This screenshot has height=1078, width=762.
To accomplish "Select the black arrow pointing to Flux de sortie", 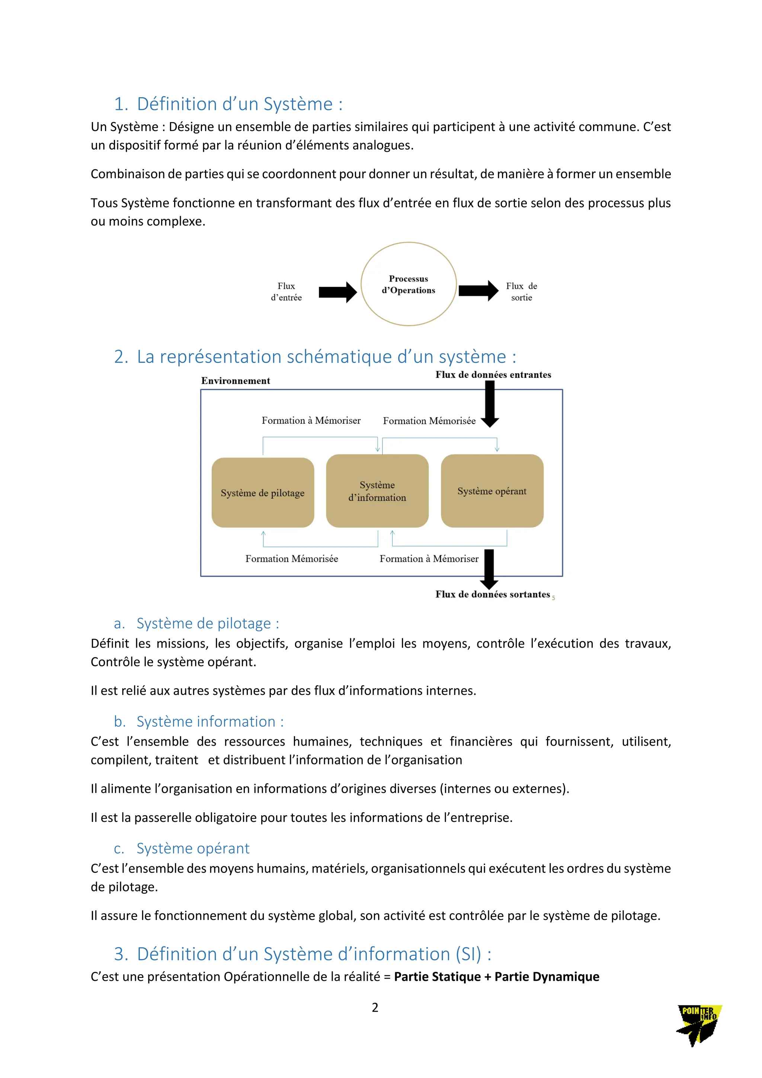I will (x=478, y=291).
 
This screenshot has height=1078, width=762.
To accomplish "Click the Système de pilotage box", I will (x=263, y=492).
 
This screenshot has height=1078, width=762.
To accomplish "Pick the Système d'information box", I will (x=377, y=491).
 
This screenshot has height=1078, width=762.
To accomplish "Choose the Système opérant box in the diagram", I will (x=492, y=491).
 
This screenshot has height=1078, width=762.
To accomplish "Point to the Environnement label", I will (x=236, y=381).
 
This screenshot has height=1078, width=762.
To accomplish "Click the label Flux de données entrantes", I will (x=493, y=375).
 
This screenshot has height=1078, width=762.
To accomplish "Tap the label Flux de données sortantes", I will (x=493, y=594).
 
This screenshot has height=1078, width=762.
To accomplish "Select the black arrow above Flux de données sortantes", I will (x=489, y=568).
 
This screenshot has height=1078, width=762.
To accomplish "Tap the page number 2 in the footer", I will (x=375, y=1008).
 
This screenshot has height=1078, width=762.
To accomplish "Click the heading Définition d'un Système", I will (x=239, y=104).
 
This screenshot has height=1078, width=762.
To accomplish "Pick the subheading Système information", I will (x=210, y=722).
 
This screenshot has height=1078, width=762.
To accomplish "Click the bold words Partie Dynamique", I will (x=547, y=977).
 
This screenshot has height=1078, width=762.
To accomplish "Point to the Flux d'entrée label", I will (x=286, y=291).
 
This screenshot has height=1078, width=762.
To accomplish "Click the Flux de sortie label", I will (x=521, y=291).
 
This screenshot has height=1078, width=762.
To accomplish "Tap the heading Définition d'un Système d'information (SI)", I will (x=314, y=954).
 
